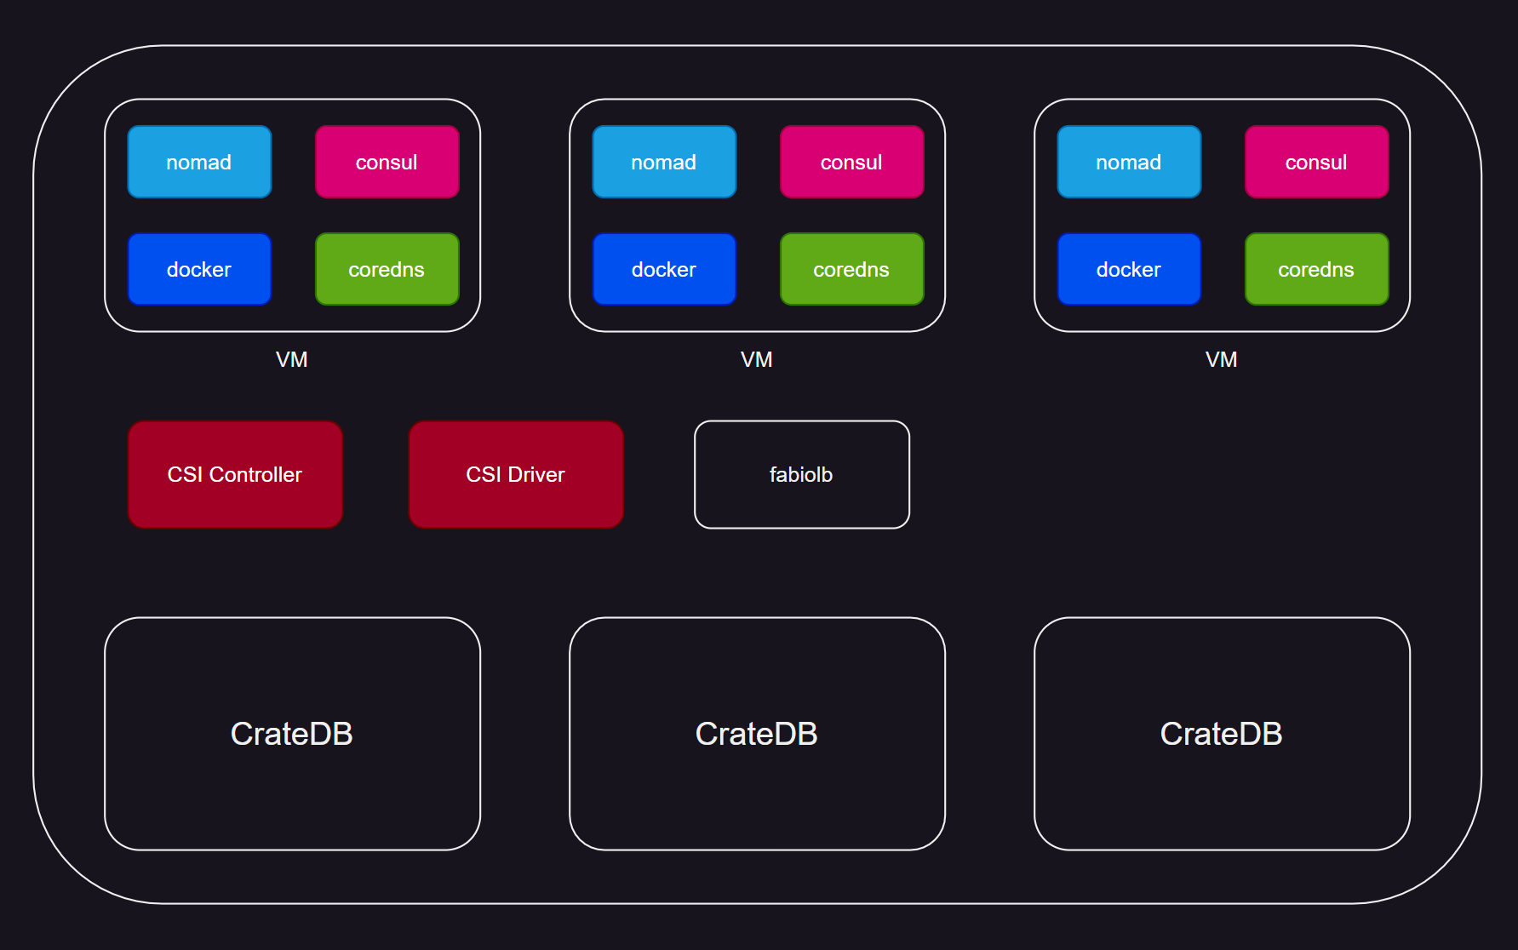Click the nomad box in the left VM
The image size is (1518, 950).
click(199, 162)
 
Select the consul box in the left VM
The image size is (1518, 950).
click(387, 162)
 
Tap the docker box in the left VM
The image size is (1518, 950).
click(199, 269)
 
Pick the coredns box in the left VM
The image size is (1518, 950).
click(387, 269)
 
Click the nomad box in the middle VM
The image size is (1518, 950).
click(664, 162)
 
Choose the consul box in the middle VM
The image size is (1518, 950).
click(851, 162)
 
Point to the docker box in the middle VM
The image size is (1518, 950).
click(664, 269)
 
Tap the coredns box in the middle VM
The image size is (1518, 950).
click(851, 269)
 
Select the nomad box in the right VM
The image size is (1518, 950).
click(1129, 162)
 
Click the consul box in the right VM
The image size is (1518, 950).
click(1316, 162)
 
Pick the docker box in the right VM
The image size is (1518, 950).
click(1129, 269)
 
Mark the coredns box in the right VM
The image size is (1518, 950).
click(1316, 269)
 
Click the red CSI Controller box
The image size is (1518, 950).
click(235, 474)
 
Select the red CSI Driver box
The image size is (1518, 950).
click(516, 474)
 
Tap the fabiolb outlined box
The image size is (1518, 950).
click(801, 474)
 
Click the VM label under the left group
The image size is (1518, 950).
click(292, 359)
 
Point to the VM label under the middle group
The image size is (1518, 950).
click(757, 359)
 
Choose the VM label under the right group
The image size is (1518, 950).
click(1222, 359)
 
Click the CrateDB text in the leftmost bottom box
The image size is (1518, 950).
click(292, 734)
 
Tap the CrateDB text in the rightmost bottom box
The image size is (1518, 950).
click(1222, 734)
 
